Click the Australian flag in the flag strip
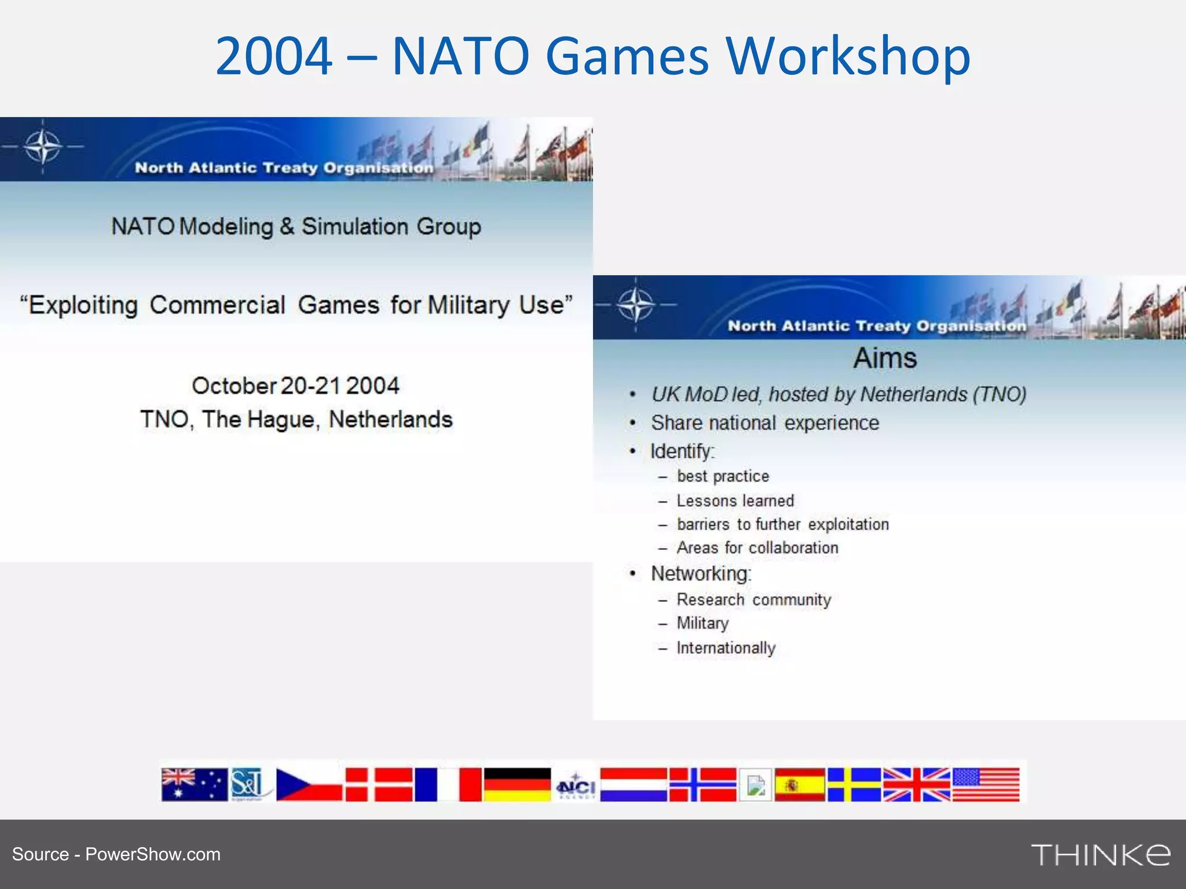pyautogui.click(x=194, y=784)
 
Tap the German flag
pyautogui.click(x=517, y=784)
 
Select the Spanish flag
pyautogui.click(x=800, y=785)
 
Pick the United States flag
pyautogui.click(x=986, y=785)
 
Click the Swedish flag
pyautogui.click(x=854, y=785)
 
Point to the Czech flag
pyautogui.click(x=309, y=784)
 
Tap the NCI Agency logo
pyautogui.click(x=576, y=785)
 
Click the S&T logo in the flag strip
pyautogui.click(x=248, y=784)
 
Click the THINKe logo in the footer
pyautogui.click(x=1100, y=855)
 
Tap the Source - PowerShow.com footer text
pyautogui.click(x=116, y=854)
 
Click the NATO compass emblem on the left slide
pyautogui.click(x=43, y=146)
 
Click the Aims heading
pyautogui.click(x=885, y=358)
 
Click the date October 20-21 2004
pyautogui.click(x=296, y=385)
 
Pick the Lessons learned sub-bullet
pyautogui.click(x=735, y=501)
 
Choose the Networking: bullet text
pyautogui.click(x=701, y=574)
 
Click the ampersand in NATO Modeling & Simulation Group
pyautogui.click(x=287, y=226)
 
